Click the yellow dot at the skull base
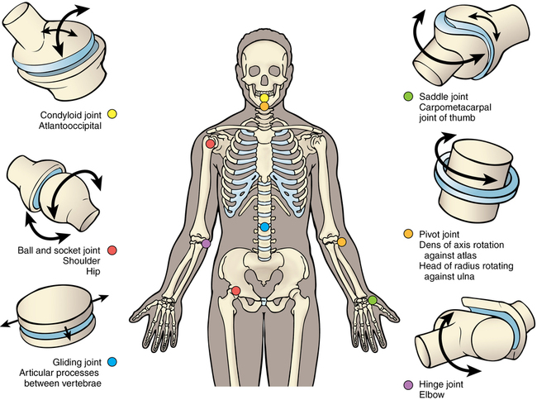(x=264, y=98)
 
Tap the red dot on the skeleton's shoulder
(x=211, y=144)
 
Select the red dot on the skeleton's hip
(x=236, y=291)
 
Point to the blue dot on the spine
(x=264, y=226)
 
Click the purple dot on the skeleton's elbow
(x=206, y=243)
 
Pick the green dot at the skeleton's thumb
(x=373, y=300)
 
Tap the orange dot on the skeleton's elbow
(x=341, y=241)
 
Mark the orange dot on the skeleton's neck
(x=264, y=106)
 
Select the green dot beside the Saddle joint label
(x=407, y=97)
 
